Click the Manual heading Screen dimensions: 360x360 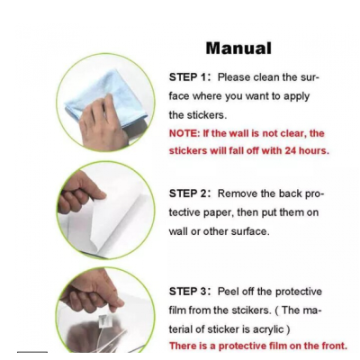pos(238,48)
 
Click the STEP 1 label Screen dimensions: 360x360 pos(188,77)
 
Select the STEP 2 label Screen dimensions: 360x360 pos(188,193)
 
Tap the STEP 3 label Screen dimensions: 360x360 pos(188,292)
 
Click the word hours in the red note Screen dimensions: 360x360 pos(314,150)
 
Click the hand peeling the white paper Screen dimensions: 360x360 pos(79,192)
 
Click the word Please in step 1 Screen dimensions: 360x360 pos(234,77)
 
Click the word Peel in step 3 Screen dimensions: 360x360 pos(227,292)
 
